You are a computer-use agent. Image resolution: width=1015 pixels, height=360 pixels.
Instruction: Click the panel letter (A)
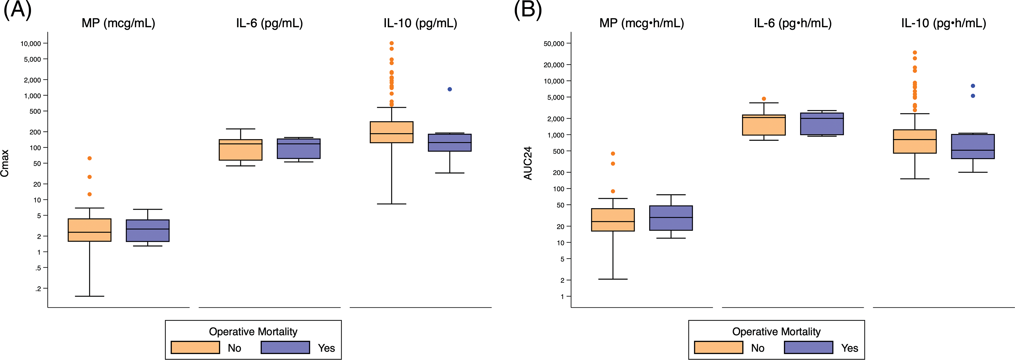pyautogui.click(x=17, y=9)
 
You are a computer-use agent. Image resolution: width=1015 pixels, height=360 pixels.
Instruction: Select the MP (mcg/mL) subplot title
pyautogui.click(x=118, y=23)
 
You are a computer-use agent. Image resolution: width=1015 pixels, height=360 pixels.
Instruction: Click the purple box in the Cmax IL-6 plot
pyautogui.click(x=299, y=148)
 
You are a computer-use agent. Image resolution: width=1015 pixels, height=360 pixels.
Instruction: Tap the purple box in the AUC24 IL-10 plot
pyautogui.click(x=973, y=147)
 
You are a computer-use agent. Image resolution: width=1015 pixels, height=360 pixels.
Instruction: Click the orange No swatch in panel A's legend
pyautogui.click(x=195, y=347)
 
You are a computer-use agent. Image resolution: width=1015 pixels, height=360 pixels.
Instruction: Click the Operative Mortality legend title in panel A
pyautogui.click(x=253, y=332)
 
